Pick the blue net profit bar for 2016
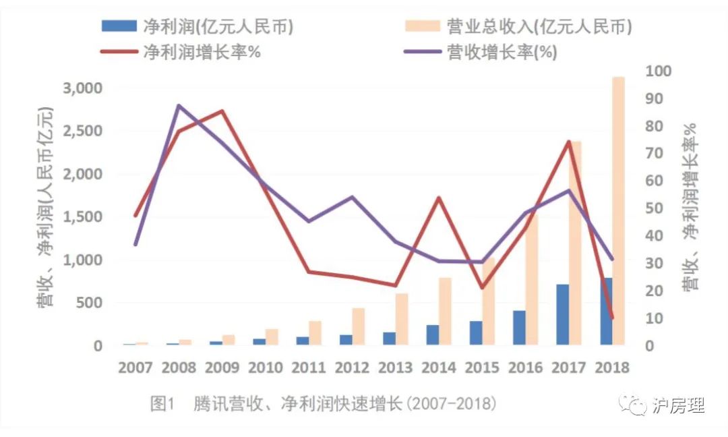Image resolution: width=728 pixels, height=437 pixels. tap(519, 328)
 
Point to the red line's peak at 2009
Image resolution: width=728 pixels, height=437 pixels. tap(222, 111)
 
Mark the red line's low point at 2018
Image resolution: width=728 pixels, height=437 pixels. tap(611, 317)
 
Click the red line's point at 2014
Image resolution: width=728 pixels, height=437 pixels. tap(439, 198)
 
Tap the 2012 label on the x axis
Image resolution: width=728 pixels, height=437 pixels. tap(352, 368)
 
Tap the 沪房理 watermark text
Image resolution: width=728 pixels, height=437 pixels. tap(679, 405)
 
